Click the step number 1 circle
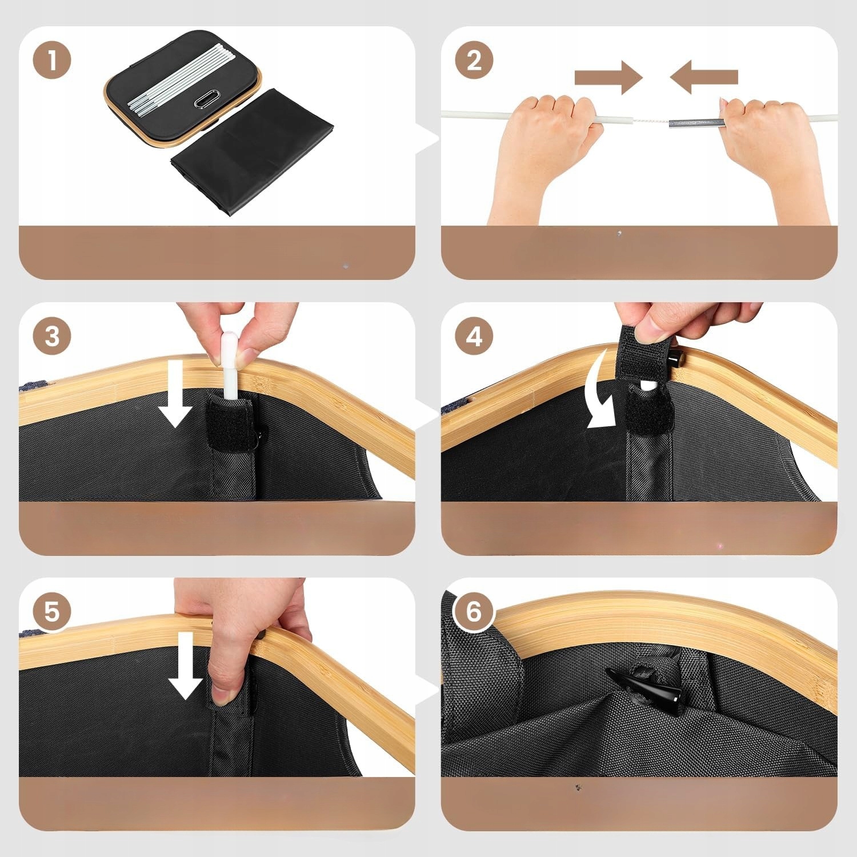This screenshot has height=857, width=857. point(52,60)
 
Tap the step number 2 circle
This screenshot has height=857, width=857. point(474,60)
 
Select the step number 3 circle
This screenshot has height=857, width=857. point(52,336)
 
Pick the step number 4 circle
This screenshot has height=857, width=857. point(474,336)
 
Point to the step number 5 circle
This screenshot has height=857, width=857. point(52,612)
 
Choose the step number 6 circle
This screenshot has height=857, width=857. point(474,612)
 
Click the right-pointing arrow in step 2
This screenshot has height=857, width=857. point(609,77)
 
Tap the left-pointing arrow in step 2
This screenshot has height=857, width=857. point(704,77)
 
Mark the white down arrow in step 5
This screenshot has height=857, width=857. point(186,666)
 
